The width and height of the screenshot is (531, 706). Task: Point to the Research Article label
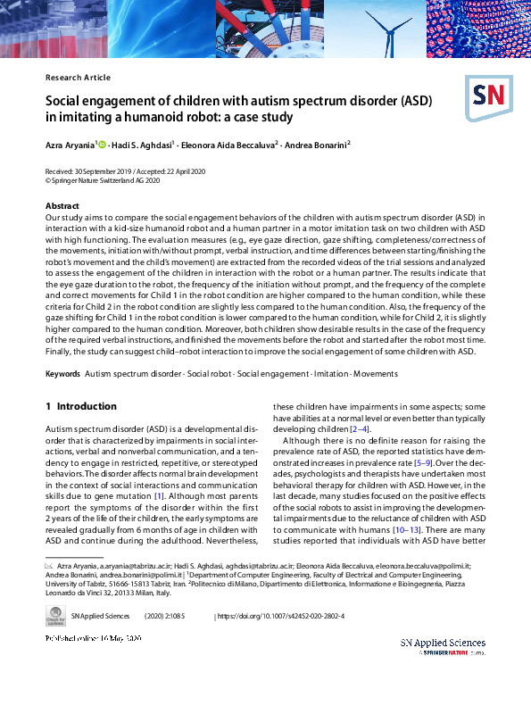(x=78, y=78)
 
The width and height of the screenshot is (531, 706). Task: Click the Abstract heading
(x=62, y=206)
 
